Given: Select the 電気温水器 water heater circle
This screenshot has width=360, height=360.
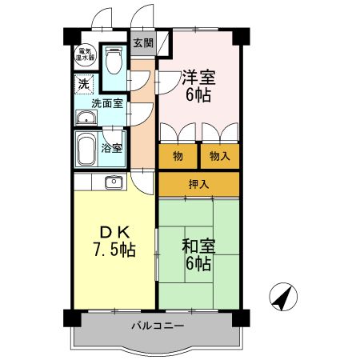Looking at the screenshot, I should (x=84, y=55).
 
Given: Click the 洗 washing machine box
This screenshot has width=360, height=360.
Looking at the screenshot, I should (x=84, y=82).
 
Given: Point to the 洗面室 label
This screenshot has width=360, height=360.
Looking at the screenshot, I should (x=106, y=102).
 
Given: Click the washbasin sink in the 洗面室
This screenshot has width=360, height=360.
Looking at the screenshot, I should (x=86, y=119).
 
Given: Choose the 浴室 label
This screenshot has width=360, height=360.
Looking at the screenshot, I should (x=113, y=148).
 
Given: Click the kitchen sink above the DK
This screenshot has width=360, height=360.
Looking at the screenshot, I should (x=111, y=182).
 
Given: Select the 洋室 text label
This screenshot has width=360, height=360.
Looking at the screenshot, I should (x=198, y=78).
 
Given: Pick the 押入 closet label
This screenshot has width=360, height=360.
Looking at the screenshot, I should (x=198, y=184).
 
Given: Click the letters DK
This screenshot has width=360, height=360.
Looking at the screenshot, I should (x=111, y=229).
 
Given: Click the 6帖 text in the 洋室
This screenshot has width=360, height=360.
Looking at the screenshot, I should (x=198, y=96).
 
